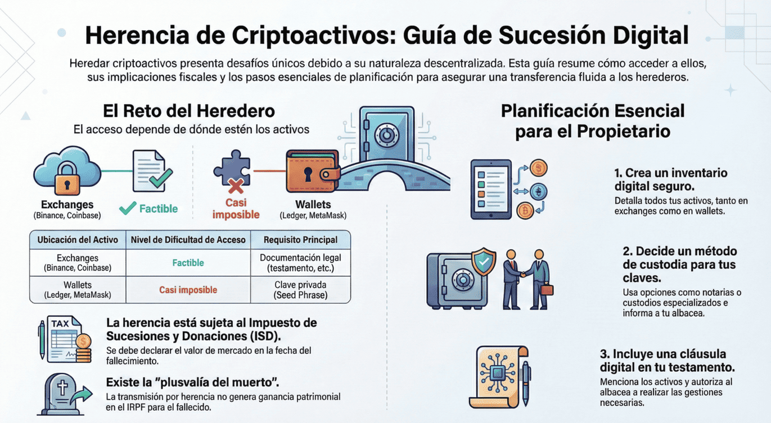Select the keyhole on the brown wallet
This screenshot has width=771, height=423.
[x=308, y=174]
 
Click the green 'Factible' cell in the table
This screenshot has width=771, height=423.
[x=188, y=263]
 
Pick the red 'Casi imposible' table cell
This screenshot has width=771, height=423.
[x=188, y=290]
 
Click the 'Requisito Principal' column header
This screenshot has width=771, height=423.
[x=300, y=240]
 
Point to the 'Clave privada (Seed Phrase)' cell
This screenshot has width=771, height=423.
[x=300, y=290]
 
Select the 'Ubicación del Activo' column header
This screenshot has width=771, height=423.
[x=78, y=240]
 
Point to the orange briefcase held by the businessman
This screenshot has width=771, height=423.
[x=546, y=290]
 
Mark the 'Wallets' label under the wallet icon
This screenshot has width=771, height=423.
[x=313, y=205]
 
